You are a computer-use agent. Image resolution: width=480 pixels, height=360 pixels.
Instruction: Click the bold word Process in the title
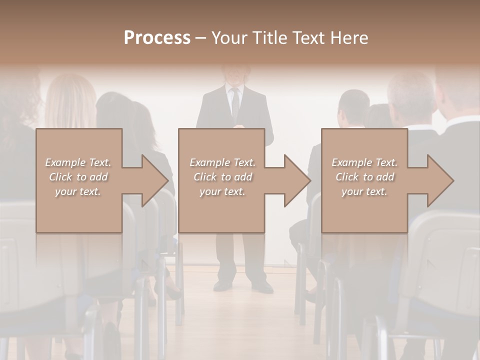tap(157, 38)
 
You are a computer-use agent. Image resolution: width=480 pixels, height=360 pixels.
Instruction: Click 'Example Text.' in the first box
tap(78, 162)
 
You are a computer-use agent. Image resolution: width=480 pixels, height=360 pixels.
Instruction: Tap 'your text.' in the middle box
tap(222, 191)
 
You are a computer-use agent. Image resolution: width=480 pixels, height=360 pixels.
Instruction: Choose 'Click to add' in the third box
tap(364, 177)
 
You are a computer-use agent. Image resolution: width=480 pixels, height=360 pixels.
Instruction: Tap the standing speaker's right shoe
tap(222, 285)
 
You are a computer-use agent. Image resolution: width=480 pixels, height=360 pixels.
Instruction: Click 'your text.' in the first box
tap(78, 191)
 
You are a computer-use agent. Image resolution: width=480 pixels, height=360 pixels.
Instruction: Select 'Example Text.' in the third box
tap(364, 162)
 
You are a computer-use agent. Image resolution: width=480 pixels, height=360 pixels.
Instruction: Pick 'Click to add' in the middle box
tap(222, 177)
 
